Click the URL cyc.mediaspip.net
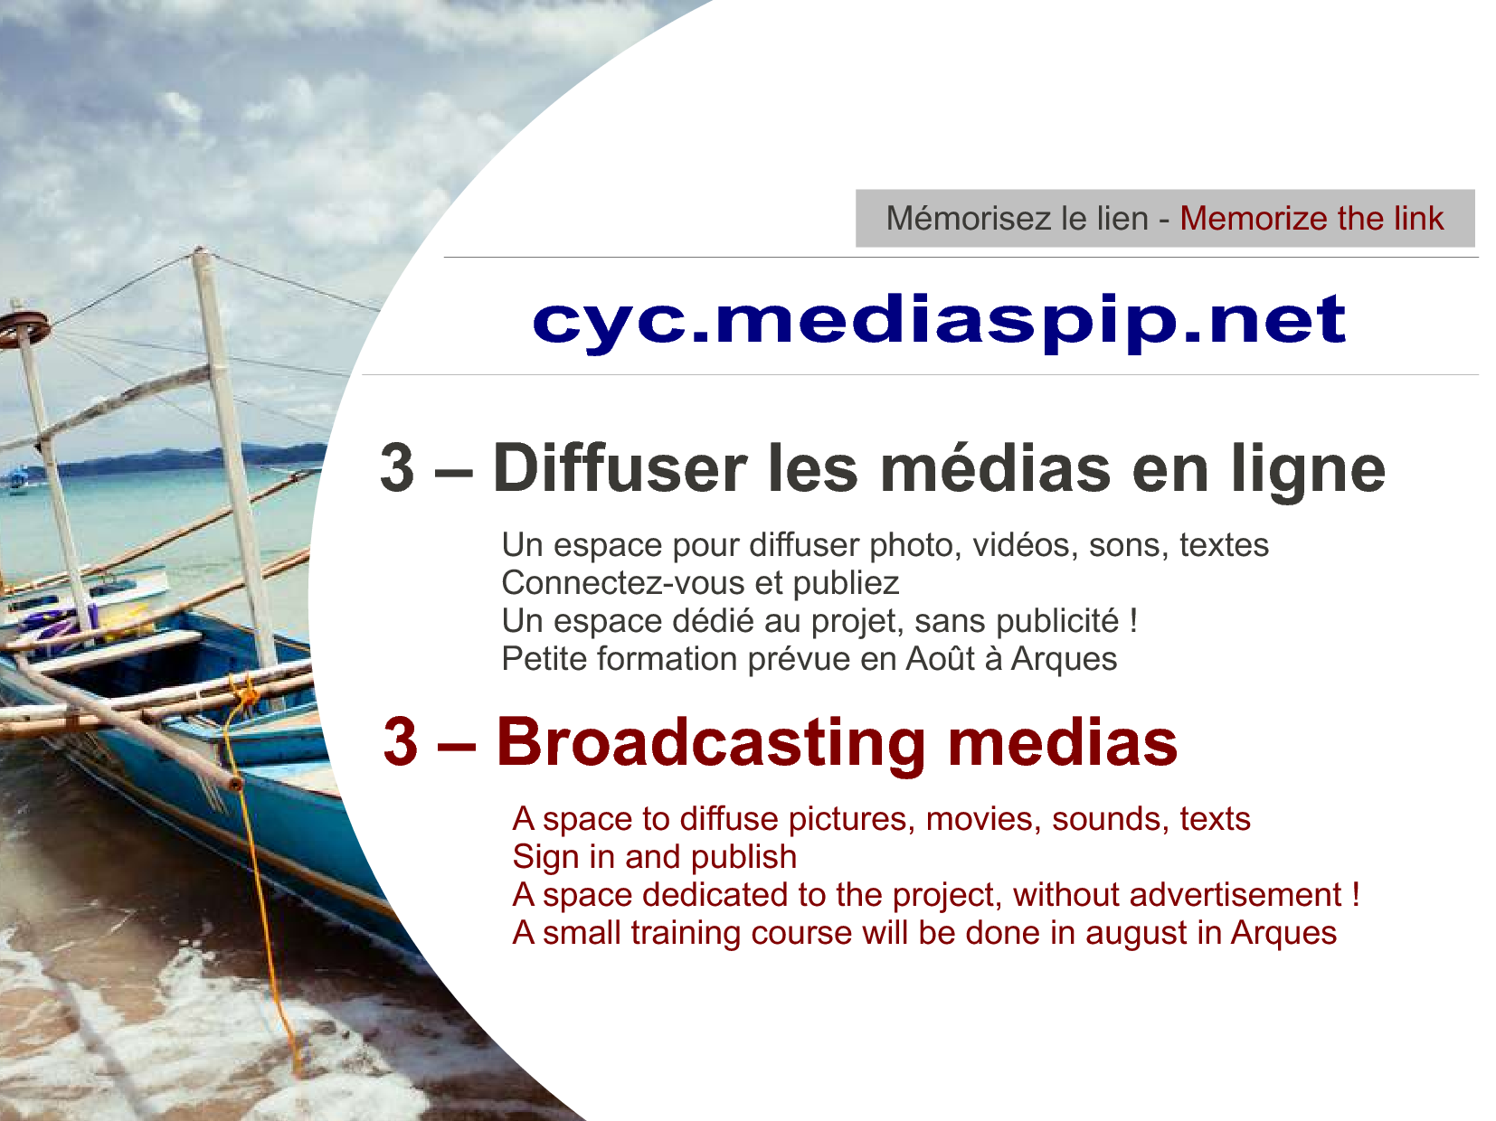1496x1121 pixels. tap(939, 322)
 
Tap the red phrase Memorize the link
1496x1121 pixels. tap(1312, 219)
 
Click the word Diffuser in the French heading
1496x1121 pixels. tap(620, 468)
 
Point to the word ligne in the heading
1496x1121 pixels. tap(1308, 471)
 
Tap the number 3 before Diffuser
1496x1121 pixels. tap(397, 468)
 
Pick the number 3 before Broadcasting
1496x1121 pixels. tap(401, 741)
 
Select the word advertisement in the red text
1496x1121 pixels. tap(1236, 895)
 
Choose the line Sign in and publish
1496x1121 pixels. tap(654, 857)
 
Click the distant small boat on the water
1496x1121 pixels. tap(15, 479)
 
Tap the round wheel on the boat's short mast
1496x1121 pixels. tap(24, 329)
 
